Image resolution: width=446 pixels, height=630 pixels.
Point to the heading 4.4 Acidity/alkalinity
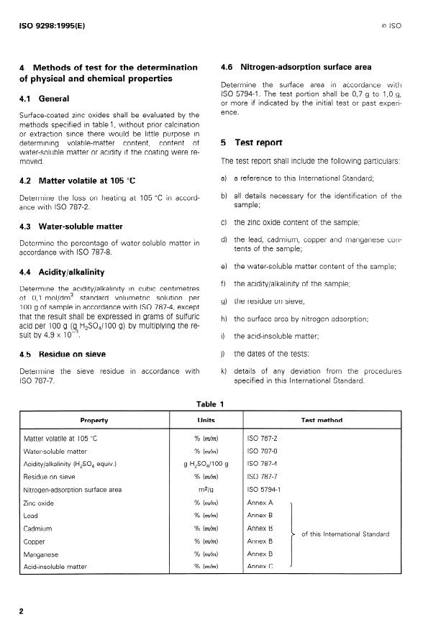[62, 272]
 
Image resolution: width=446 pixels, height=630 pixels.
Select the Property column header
[94, 420]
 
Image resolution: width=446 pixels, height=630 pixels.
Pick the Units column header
[206, 420]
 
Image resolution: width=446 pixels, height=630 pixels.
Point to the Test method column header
[321, 420]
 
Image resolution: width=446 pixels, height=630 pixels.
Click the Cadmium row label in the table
[38, 528]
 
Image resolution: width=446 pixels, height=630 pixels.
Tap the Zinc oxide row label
[40, 502]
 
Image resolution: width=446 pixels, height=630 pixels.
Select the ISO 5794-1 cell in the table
[264, 489]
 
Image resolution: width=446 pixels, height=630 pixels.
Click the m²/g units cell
[206, 490]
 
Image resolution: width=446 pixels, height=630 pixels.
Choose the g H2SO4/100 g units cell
[206, 463]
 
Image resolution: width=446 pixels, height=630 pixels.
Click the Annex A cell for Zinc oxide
[260, 502]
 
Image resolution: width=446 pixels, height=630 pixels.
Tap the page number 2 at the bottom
[22, 611]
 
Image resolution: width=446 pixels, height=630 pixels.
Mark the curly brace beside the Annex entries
[293, 534]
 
